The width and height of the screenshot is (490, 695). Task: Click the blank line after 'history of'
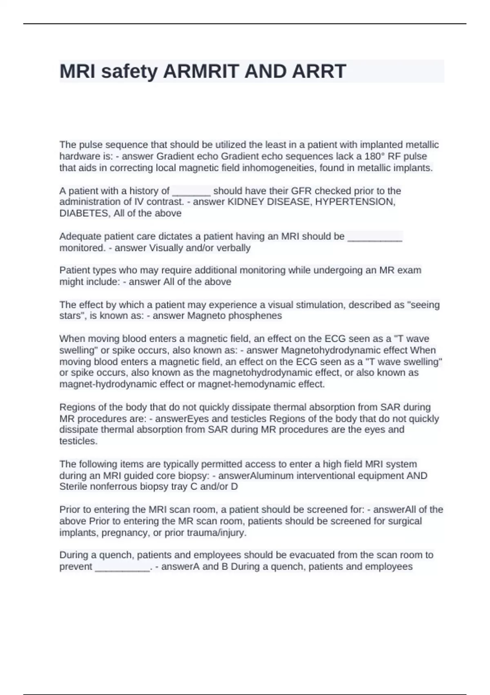tap(192, 192)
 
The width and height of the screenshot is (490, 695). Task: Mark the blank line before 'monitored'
tap(375, 238)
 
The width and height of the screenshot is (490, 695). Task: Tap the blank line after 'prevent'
tap(122, 568)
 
